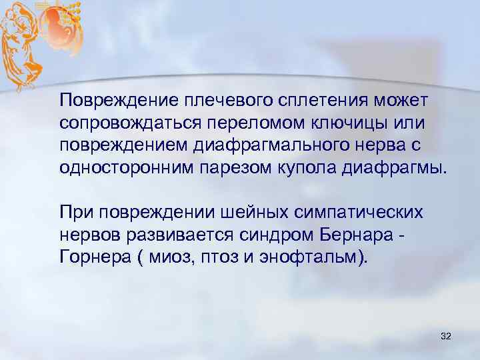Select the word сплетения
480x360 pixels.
(x=302, y=100)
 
